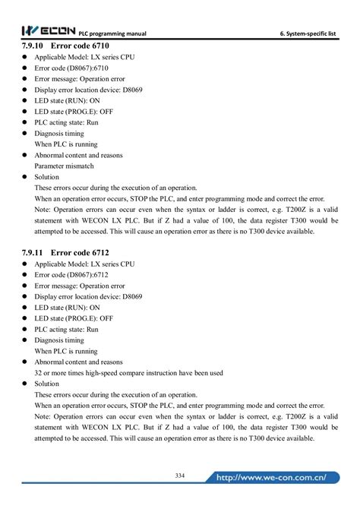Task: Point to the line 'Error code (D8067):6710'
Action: pyautogui.click(x=73, y=68)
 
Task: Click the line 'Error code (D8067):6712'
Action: pyautogui.click(x=73, y=274)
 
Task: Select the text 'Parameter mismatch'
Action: pyautogui.click(x=65, y=165)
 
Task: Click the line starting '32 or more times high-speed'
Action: pyautogui.click(x=128, y=373)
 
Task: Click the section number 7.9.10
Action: pyautogui.click(x=33, y=46)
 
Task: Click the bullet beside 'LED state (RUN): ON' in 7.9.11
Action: pyautogui.click(x=26, y=308)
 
